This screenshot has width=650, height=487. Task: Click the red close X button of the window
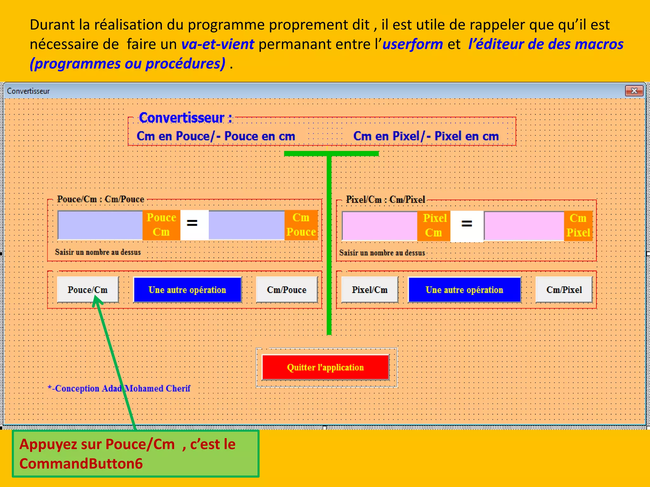(634, 91)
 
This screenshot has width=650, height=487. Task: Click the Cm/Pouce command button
(287, 290)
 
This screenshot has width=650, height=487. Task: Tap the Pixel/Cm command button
(369, 290)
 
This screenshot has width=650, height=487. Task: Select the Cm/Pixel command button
(564, 290)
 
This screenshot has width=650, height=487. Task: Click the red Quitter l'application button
(325, 367)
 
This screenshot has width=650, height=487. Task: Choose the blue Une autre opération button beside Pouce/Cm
(187, 290)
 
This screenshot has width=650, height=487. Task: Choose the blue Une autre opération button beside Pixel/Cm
(464, 290)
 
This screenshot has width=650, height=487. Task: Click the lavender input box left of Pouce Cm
(100, 225)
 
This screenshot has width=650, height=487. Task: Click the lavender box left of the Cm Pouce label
(246, 225)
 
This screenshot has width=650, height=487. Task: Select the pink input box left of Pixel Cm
(380, 226)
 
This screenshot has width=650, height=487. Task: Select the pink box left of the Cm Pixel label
(524, 226)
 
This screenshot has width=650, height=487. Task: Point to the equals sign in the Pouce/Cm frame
(192, 223)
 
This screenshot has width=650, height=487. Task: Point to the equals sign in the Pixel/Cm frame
(467, 224)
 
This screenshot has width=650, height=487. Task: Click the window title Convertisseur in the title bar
(29, 91)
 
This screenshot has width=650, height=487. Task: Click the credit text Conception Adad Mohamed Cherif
(119, 388)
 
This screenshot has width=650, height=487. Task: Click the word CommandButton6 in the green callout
(81, 464)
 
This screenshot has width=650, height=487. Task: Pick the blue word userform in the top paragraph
(413, 44)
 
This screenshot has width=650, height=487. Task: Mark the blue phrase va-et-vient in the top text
(218, 44)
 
